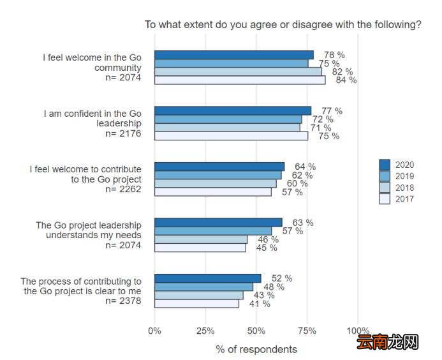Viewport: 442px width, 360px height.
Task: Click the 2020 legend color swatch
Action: click(385, 165)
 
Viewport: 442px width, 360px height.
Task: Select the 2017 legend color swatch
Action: click(385, 199)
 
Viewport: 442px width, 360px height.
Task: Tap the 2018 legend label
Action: click(404, 188)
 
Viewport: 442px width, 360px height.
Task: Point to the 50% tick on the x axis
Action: click(256, 331)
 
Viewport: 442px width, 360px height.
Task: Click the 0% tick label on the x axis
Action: click(154, 331)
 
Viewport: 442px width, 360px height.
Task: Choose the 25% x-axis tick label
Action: click(205, 331)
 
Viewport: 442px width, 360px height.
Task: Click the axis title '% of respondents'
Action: click(256, 349)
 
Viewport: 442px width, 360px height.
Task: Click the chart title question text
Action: click(283, 24)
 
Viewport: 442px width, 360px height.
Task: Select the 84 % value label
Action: click(346, 80)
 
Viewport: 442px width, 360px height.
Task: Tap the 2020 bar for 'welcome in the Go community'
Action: click(234, 55)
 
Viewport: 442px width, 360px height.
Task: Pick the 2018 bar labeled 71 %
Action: click(227, 128)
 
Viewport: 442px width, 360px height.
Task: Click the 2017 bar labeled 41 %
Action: click(196, 304)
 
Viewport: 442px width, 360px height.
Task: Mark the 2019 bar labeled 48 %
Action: click(203, 287)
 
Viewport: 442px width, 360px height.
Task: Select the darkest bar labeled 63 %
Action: click(218, 223)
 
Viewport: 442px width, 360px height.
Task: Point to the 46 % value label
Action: click(268, 239)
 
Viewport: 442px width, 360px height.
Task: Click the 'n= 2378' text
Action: click(123, 301)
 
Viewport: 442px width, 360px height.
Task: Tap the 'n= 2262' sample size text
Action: click(123, 189)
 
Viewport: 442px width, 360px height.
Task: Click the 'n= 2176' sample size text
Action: click(123, 133)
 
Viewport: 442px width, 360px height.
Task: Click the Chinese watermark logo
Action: click(387, 342)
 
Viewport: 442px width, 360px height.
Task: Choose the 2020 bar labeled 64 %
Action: click(219, 167)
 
